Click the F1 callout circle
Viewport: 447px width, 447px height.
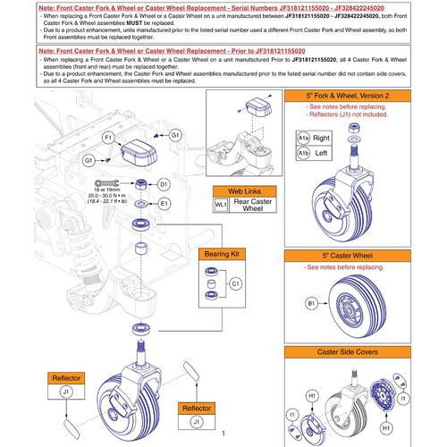point(108,139)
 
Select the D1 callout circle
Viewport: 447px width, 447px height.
point(164,184)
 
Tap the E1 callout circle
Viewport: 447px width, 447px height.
point(164,204)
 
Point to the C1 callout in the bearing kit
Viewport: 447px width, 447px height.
point(236,283)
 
